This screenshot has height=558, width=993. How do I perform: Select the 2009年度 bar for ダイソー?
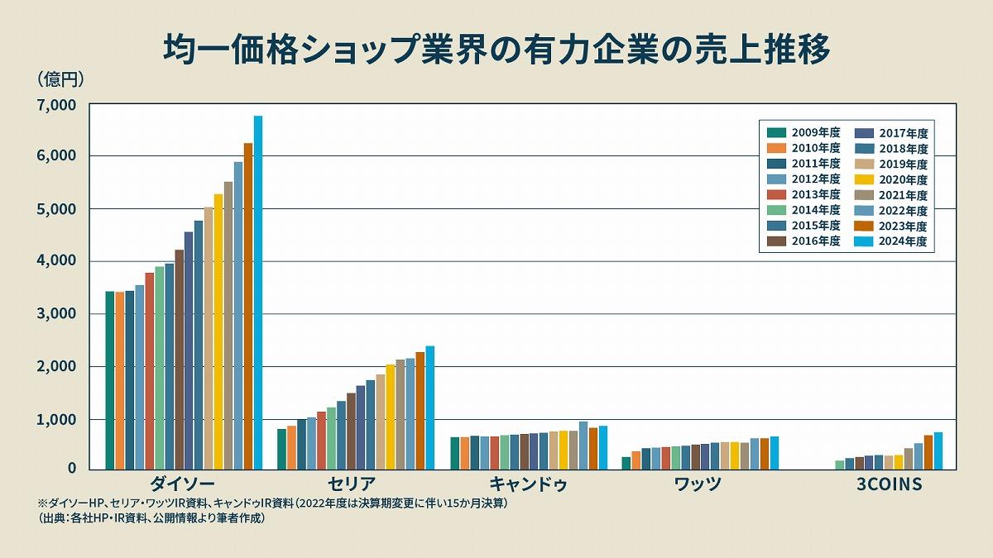[110, 380]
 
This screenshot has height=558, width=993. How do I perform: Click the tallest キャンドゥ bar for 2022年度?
[583, 446]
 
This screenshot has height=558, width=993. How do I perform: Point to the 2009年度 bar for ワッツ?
[626, 463]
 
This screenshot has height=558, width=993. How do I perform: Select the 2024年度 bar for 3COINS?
[938, 451]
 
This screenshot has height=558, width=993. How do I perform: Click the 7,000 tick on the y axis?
[56, 105]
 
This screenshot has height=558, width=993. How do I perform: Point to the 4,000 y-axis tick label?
[56, 261]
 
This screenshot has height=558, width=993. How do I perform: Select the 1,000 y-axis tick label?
[56, 420]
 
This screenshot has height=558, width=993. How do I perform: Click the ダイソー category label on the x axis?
[184, 484]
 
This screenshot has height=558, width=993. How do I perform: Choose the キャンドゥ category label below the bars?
[528, 484]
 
